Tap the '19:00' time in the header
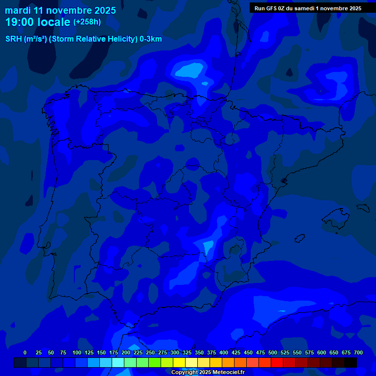tap(20, 22)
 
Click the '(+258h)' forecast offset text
tap(87, 22)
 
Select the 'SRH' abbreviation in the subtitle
tap(14, 39)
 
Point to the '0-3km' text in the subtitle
tap(150, 39)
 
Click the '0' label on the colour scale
tap(25, 352)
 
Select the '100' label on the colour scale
tap(77, 352)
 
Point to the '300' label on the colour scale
tap(175, 352)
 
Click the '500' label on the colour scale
tap(273, 352)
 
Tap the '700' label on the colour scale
tap(358, 352)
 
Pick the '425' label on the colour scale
tap(236, 352)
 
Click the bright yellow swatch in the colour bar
tap(179, 362)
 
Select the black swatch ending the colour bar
tap(351, 362)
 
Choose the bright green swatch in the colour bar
tap(155, 362)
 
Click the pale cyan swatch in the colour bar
tap(118, 362)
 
